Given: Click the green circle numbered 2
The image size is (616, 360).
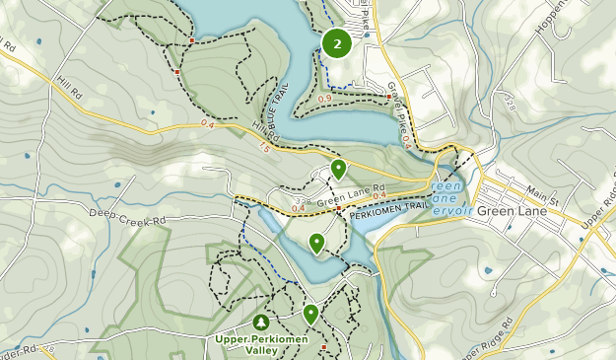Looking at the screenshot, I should (338, 43).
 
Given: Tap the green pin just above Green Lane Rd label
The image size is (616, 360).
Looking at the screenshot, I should (338, 169).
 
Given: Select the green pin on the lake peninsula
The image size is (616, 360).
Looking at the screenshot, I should (317, 243).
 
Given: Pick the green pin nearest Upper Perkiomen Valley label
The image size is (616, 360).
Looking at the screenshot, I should (310, 314).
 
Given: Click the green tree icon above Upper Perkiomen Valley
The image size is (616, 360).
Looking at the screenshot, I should (261, 323).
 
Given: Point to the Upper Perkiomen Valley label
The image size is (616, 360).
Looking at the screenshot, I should (261, 344).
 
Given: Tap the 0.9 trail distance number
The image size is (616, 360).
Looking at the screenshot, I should (324, 98).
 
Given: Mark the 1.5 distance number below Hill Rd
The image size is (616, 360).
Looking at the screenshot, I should (263, 147).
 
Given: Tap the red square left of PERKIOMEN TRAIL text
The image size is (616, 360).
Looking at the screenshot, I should (338, 209).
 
